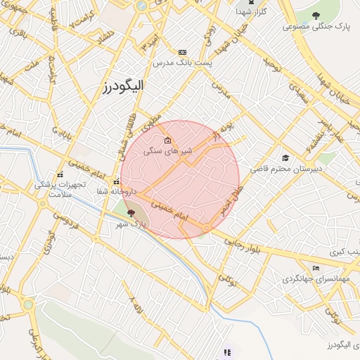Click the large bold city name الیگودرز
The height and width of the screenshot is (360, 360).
(x=122, y=86)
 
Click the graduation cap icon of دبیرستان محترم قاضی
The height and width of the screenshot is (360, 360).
(x=285, y=157)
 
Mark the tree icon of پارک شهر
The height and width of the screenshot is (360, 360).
(x=131, y=212)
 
